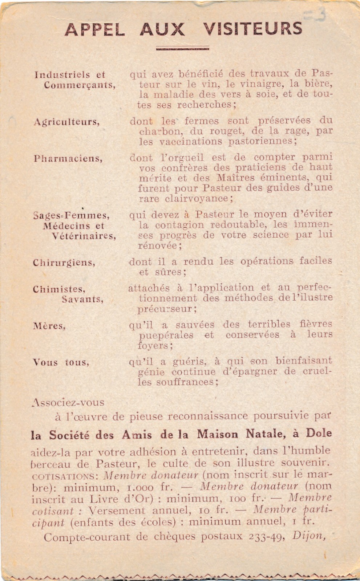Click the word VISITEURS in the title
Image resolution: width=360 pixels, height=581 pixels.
pyautogui.click(x=252, y=29)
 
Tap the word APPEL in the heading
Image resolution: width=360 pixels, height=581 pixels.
pyautogui.click(x=95, y=29)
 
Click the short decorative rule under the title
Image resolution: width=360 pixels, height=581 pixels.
pyautogui.click(x=182, y=48)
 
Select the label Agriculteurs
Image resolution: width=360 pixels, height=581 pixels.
pyautogui.click(x=66, y=122)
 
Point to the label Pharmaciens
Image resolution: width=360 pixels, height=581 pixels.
pyautogui.click(x=68, y=159)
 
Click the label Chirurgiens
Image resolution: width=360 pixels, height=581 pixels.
pyautogui.click(x=64, y=263)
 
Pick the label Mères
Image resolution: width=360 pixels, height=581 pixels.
pyautogui.click(x=49, y=326)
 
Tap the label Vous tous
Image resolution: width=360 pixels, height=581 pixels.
pyautogui.click(x=61, y=362)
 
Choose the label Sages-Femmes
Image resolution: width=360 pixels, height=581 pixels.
pyautogui.click(x=71, y=215)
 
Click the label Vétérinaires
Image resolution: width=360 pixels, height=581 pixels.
pyautogui.click(x=84, y=236)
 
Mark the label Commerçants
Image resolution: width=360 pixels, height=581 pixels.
pyautogui.click(x=80, y=85)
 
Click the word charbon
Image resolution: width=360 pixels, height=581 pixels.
pyautogui.click(x=157, y=131)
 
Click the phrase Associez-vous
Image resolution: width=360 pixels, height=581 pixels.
pyautogui.click(x=68, y=402)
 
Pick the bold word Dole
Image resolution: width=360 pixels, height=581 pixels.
pyautogui.click(x=319, y=433)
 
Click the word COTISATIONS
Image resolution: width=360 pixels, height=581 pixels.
pyautogui.click(x=63, y=476)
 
